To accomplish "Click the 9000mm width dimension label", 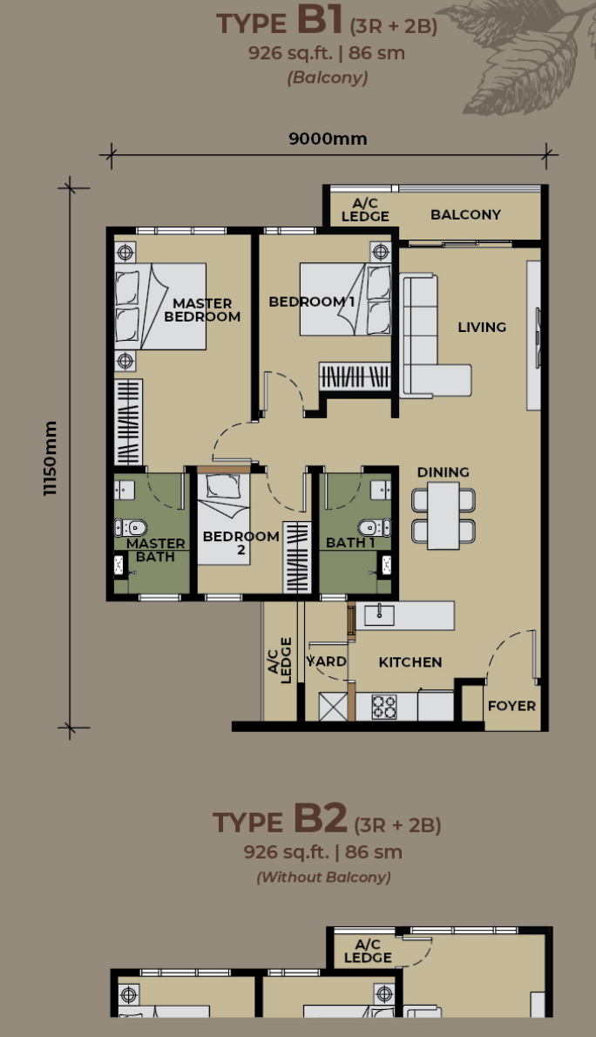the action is point(328,139).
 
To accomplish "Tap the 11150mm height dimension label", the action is point(51,457).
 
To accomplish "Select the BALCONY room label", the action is point(465,214).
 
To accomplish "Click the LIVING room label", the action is point(482,327).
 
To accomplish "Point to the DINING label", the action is point(444,472).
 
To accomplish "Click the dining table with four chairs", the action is point(444,515).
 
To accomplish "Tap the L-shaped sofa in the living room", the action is point(429,336).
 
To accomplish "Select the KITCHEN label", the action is point(410,662).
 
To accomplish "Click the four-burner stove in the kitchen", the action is point(384,707).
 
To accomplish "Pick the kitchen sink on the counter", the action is point(380,614).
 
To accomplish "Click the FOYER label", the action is point(511,706).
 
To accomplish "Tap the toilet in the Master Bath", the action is point(131,527).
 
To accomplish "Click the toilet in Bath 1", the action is point(375,527).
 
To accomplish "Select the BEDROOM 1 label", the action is point(312,302).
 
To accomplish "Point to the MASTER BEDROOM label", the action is point(202,309).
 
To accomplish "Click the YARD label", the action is point(327,661).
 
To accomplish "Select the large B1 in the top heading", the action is point(320,20).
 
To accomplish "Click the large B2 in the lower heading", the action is point(320,818).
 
